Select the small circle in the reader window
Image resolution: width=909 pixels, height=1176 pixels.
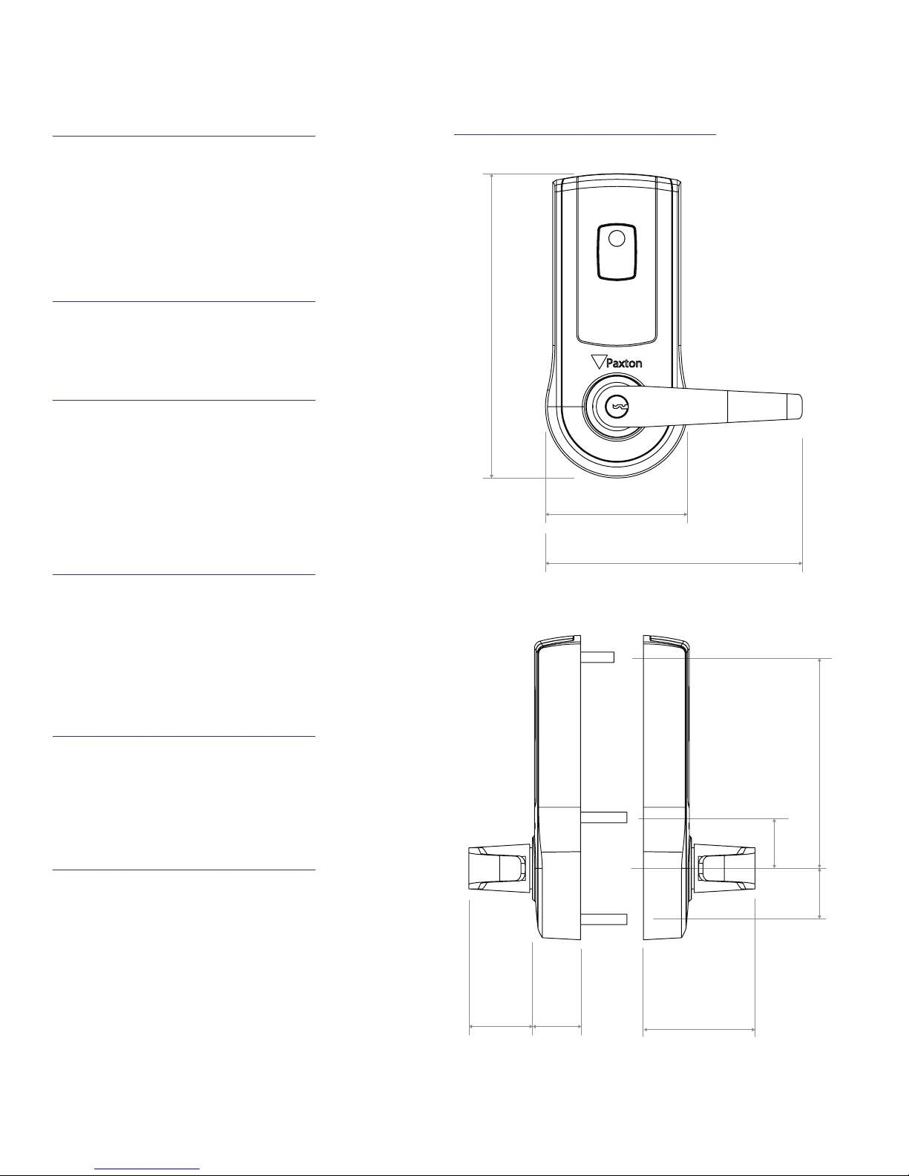616,239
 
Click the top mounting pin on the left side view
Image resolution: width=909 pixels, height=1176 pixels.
597,657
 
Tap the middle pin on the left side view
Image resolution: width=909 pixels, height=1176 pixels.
605,817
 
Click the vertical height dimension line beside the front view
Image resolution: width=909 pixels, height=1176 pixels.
492,326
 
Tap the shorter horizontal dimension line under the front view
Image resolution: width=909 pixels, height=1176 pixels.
617,513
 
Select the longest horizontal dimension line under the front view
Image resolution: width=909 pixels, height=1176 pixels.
674,564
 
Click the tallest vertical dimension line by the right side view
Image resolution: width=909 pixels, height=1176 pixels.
820,762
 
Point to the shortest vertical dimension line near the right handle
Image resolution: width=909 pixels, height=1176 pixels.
775,842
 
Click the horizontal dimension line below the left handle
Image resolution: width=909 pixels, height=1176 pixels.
501,1028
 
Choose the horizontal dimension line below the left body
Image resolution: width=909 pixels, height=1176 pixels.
557,1028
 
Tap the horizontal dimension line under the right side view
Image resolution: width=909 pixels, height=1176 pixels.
699,1030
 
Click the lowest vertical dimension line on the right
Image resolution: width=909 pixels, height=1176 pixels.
820,893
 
